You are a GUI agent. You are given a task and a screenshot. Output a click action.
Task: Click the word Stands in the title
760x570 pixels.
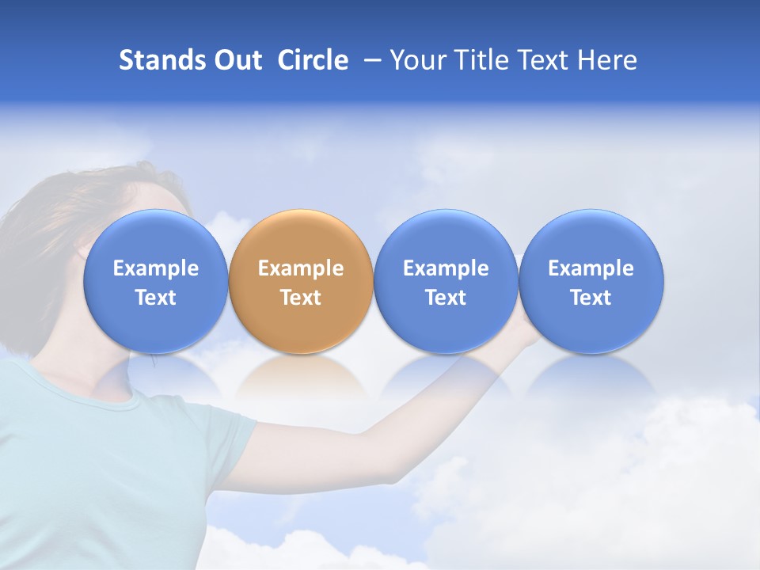(163, 60)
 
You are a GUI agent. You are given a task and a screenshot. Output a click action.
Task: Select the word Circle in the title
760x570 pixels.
(313, 60)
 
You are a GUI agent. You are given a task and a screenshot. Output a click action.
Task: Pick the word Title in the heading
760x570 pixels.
(479, 60)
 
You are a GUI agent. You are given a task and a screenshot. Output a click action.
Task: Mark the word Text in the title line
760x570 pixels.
(544, 60)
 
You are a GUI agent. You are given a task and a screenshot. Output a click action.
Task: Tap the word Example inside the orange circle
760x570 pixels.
(301, 268)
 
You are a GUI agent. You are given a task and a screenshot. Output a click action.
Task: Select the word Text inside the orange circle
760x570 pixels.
(301, 298)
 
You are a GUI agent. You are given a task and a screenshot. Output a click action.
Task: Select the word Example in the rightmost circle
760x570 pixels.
(591, 268)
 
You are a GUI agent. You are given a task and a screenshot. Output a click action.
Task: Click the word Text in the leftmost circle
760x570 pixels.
(155, 298)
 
